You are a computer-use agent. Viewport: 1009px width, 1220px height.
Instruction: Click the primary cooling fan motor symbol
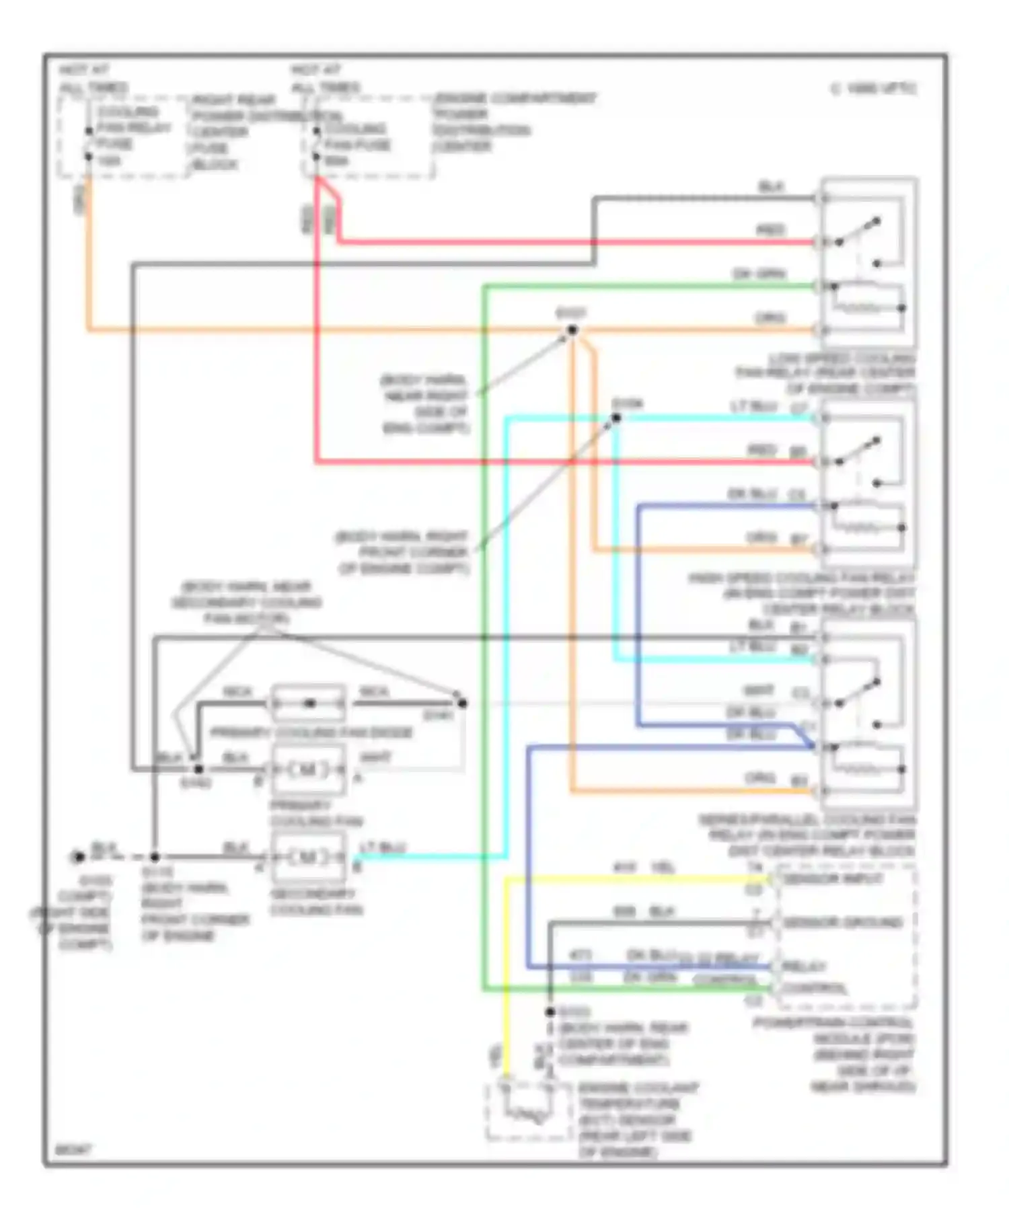pos(308,769)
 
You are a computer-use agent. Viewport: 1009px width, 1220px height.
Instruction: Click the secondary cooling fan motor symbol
pos(308,857)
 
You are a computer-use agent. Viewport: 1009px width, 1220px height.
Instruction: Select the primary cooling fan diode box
pos(308,703)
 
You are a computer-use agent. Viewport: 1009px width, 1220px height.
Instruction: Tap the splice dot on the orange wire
pos(572,330)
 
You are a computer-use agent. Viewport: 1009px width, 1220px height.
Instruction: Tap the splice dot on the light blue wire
pos(615,418)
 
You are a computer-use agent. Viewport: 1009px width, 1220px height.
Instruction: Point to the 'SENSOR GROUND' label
pos(842,922)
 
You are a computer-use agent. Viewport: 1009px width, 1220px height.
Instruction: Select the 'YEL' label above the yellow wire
pos(663,867)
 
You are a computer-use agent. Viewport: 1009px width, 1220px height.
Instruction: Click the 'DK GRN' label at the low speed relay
pos(759,274)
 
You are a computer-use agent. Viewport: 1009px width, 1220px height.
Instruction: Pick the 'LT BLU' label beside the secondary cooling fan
pos(382,847)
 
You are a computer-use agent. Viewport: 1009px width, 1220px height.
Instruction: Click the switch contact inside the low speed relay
pos(858,231)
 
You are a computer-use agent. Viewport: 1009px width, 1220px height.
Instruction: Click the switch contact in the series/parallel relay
pos(858,693)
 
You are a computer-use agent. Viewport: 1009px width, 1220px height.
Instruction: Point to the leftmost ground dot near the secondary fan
pos(79,857)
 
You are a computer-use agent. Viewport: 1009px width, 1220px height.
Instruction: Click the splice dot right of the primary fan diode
pos(462,703)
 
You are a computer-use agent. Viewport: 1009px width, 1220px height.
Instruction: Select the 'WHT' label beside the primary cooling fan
pos(375,758)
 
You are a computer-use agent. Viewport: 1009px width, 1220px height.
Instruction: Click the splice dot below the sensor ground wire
pos(550,1011)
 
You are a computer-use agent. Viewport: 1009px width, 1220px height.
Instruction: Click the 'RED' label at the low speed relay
pos(770,230)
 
